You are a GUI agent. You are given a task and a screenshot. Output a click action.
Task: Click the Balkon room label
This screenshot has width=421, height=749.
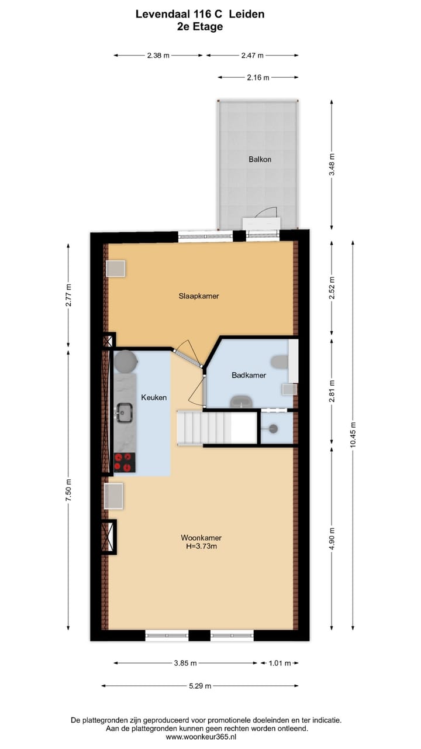coord(260,159)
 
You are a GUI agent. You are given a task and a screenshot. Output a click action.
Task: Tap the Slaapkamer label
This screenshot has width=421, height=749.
coord(199,296)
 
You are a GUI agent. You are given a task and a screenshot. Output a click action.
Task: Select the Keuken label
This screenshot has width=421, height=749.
coord(154,397)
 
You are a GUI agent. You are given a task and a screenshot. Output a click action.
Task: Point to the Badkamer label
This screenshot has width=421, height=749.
coord(249,375)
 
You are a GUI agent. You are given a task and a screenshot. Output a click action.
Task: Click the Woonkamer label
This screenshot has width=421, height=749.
coord(201,538)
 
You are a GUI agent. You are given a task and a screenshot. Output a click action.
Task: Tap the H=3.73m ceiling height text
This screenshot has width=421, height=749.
coord(201,547)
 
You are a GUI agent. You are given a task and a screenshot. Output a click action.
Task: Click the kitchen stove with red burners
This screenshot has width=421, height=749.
coord(124,462)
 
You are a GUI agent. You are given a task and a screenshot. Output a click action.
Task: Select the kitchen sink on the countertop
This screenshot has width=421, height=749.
coord(124,413)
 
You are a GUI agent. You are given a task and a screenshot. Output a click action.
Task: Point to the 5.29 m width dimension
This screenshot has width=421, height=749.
coord(199,686)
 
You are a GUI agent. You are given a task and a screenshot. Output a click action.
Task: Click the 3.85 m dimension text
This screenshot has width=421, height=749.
coord(185,663)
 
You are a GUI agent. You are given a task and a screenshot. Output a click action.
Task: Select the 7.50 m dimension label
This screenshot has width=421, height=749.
coord(68,489)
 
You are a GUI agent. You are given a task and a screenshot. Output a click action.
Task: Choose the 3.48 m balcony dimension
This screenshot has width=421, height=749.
coord(332,164)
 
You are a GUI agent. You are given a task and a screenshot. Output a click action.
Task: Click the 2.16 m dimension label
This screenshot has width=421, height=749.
coord(258,77)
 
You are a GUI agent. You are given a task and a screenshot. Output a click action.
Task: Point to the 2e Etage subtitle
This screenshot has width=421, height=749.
coord(200,26)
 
